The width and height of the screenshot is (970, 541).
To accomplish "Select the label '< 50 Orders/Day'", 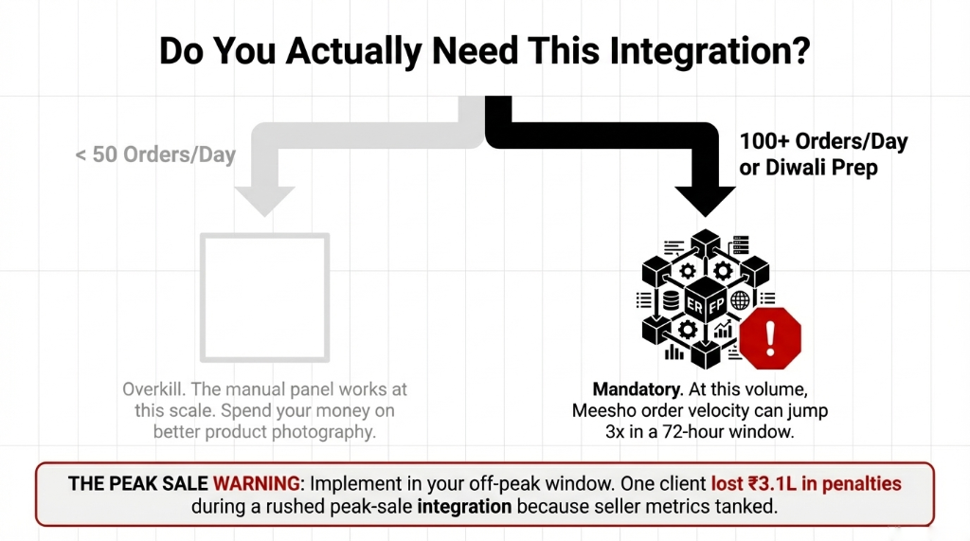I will pos(155,153).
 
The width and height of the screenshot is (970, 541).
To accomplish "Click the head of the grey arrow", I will pos(266,198).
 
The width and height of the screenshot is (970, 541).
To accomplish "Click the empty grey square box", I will pos(265,298).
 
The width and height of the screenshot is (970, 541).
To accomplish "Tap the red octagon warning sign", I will pos(770,336).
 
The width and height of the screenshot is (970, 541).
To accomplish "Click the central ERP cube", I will pos(706,302).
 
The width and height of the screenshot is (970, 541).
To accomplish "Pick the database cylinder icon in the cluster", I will pos(671,301).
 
